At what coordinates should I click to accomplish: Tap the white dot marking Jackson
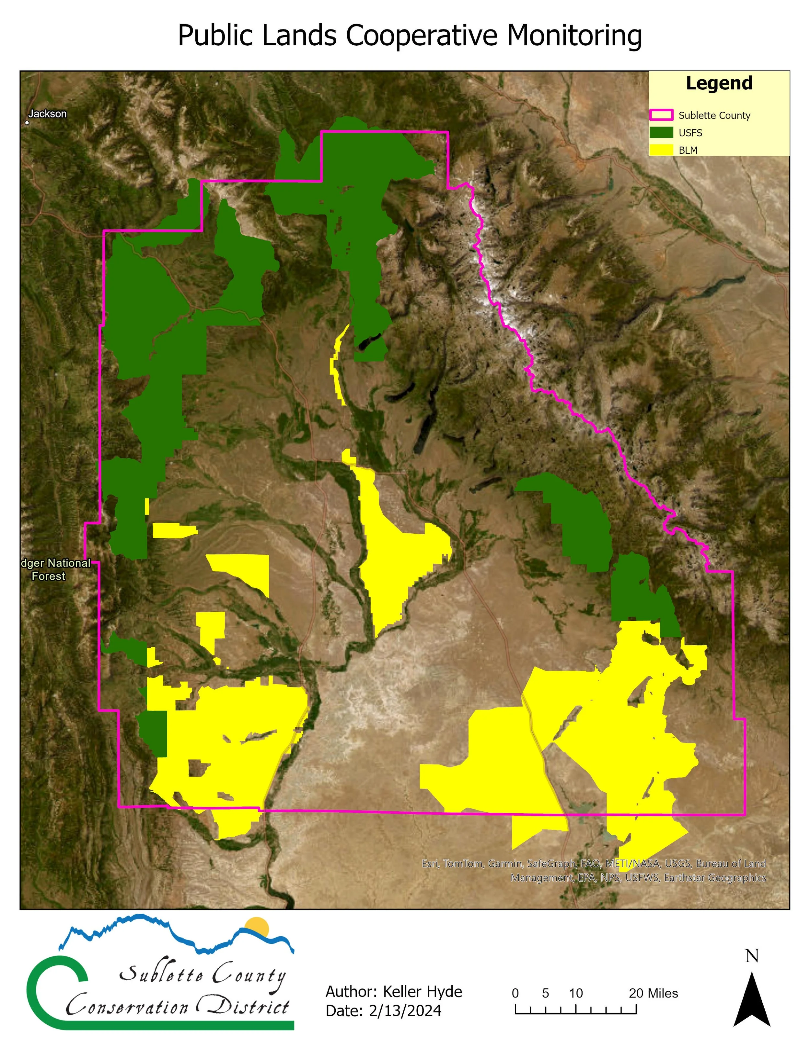coord(27,123)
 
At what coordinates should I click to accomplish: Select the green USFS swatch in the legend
coord(661,133)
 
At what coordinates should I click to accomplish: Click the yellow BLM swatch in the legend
coord(661,150)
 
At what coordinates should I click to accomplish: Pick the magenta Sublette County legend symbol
coord(661,115)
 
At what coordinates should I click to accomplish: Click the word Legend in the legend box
coord(719,84)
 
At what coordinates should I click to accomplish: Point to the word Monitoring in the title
coord(574,36)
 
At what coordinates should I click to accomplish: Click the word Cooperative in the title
coord(422,36)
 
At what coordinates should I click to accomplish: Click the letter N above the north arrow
coord(752,956)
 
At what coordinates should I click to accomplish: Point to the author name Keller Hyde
coord(422,991)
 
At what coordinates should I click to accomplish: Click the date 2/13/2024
coord(405,1010)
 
